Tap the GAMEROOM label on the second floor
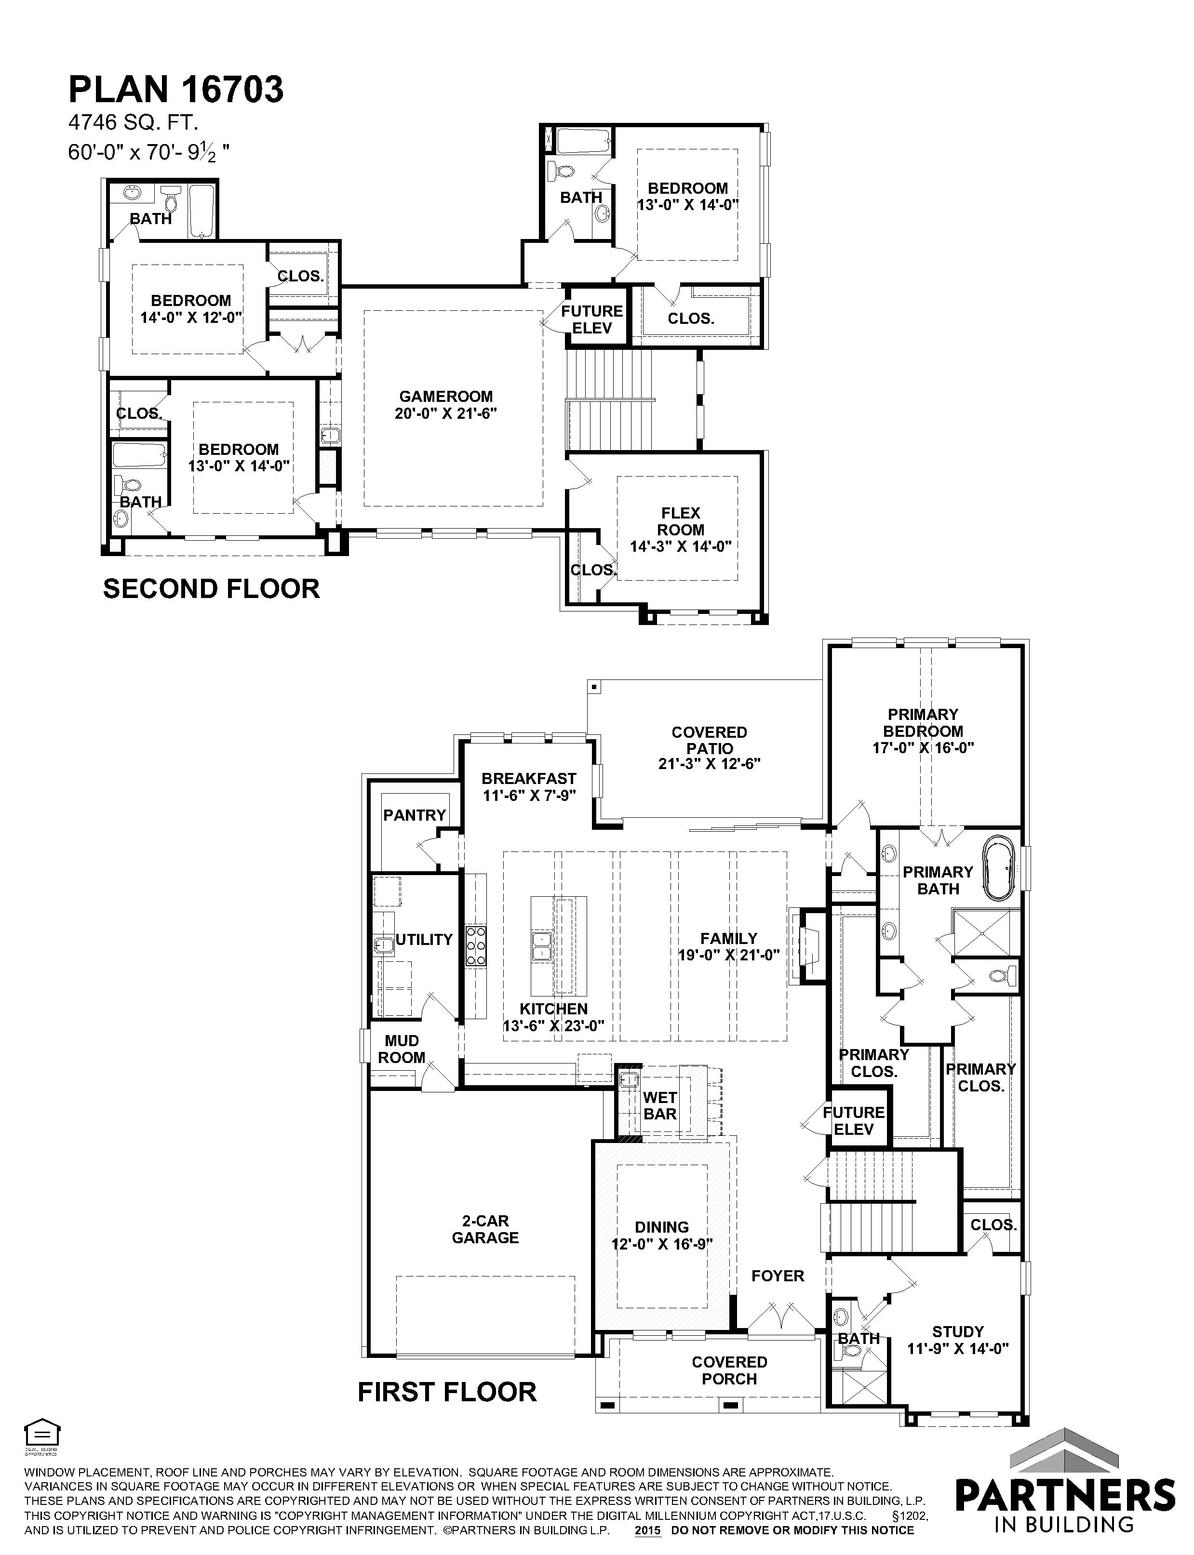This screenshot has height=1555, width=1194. tap(445, 397)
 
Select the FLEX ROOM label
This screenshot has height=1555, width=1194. tap(681, 521)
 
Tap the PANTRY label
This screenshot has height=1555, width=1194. tap(415, 815)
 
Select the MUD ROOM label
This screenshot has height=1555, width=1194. tap(402, 1049)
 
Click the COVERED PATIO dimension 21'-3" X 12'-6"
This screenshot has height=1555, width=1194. tap(709, 764)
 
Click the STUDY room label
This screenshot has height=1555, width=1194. tap(958, 1332)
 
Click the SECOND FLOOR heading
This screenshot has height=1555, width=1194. tap(211, 589)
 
